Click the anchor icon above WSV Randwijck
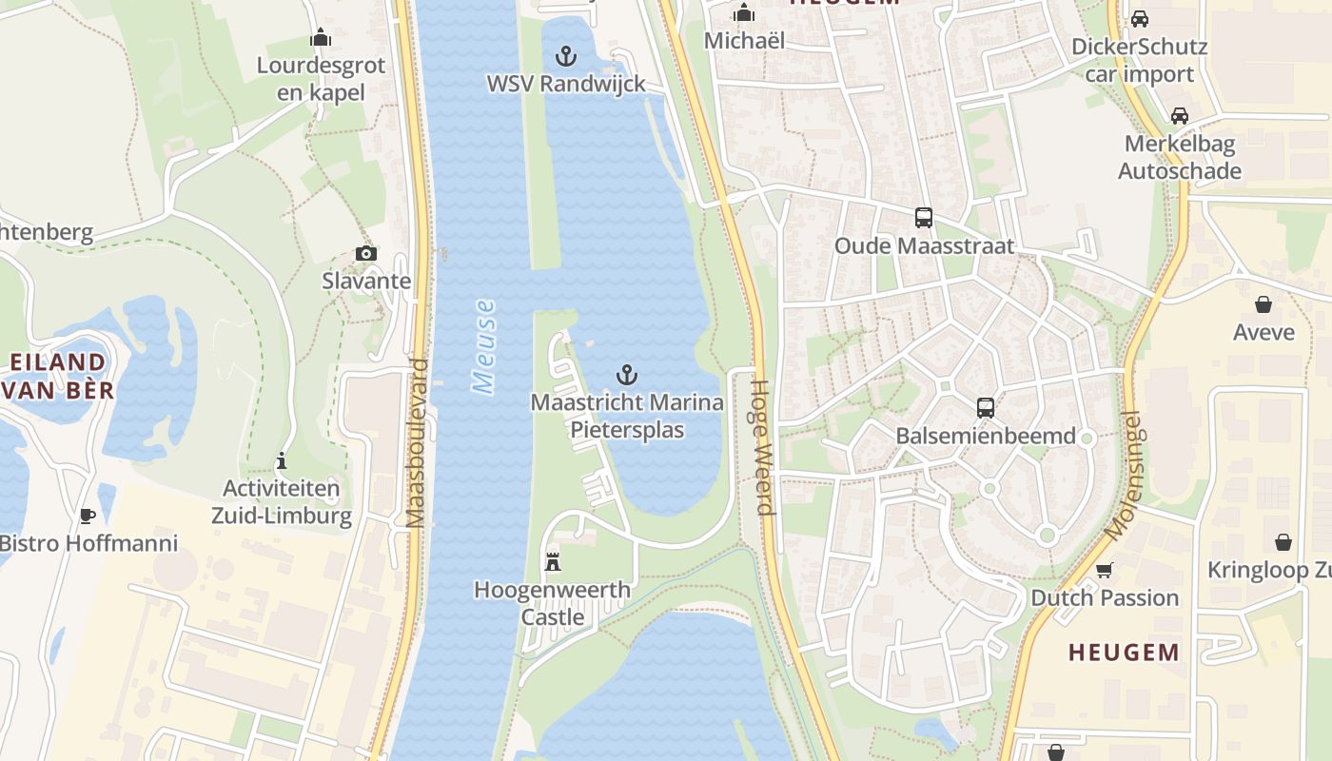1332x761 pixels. point(566,56)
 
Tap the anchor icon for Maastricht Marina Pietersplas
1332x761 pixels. point(627,374)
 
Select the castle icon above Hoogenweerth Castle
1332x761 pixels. point(553,561)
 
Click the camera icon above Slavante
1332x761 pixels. point(366,253)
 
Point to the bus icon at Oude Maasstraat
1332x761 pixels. point(923,218)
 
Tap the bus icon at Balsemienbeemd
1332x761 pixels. point(986,408)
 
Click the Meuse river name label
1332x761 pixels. point(484,346)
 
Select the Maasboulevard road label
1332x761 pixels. point(416,443)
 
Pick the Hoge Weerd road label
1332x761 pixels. point(763,447)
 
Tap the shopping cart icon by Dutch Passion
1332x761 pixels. point(1104,570)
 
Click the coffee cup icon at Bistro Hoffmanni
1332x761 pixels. point(88,516)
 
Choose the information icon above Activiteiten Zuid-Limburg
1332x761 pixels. point(282,461)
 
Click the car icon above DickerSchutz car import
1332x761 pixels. point(1139,19)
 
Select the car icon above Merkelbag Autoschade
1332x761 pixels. point(1180,116)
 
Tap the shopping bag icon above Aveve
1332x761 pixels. point(1263,304)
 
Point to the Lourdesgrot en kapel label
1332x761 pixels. point(321,78)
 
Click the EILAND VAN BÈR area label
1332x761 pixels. point(59,376)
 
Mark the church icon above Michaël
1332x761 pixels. point(744,13)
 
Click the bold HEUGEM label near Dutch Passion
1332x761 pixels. point(1124,653)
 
